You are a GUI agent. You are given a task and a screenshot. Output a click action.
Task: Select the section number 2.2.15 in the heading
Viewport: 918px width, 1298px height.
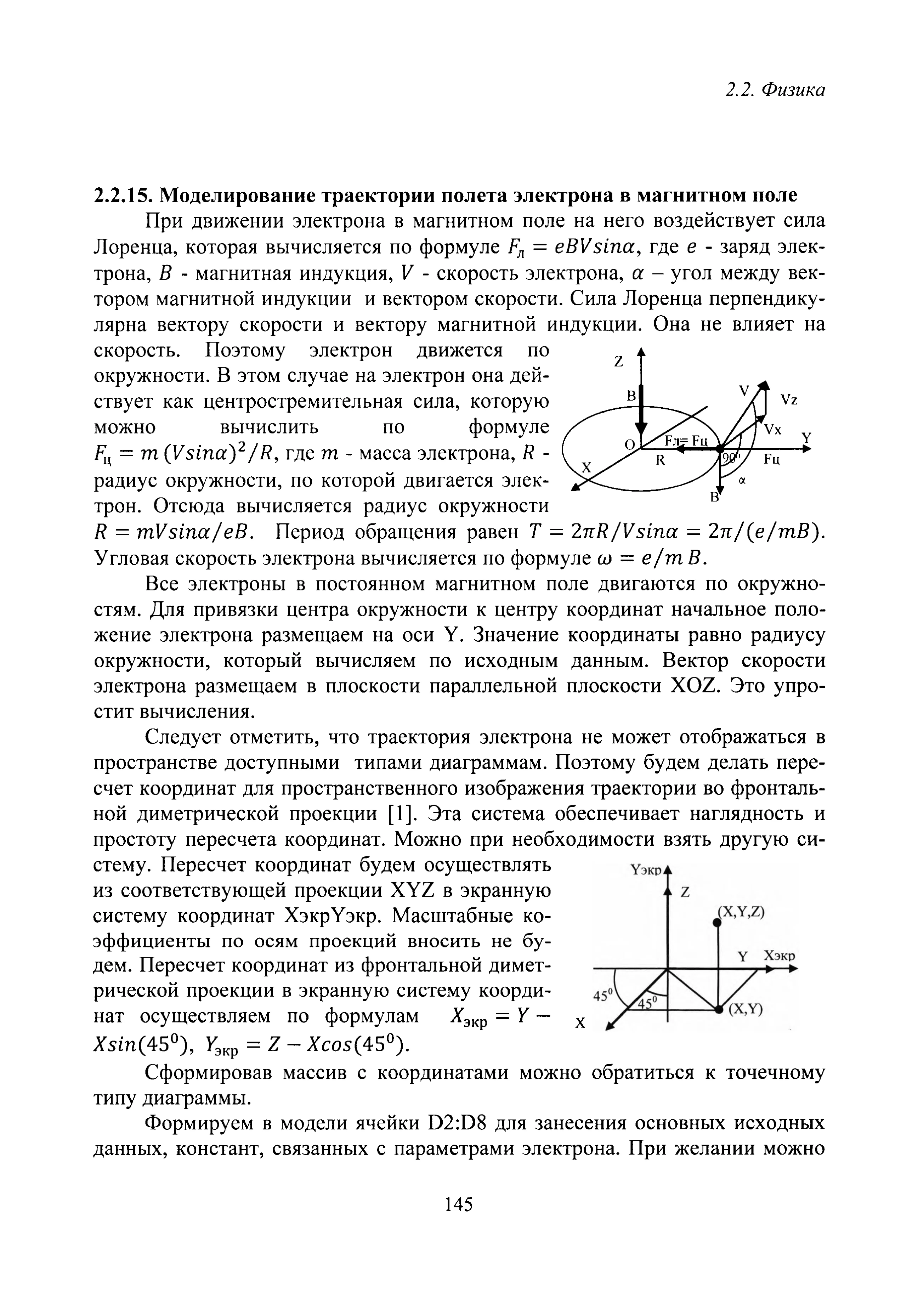[x=121, y=195]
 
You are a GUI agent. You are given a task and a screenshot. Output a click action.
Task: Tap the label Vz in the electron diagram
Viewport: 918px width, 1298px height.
[x=789, y=400]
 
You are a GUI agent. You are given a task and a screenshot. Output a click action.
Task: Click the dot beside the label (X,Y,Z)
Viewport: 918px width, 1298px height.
[x=717, y=923]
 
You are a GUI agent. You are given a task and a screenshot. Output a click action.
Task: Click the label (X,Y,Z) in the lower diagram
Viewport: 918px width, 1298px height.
[x=741, y=912]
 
